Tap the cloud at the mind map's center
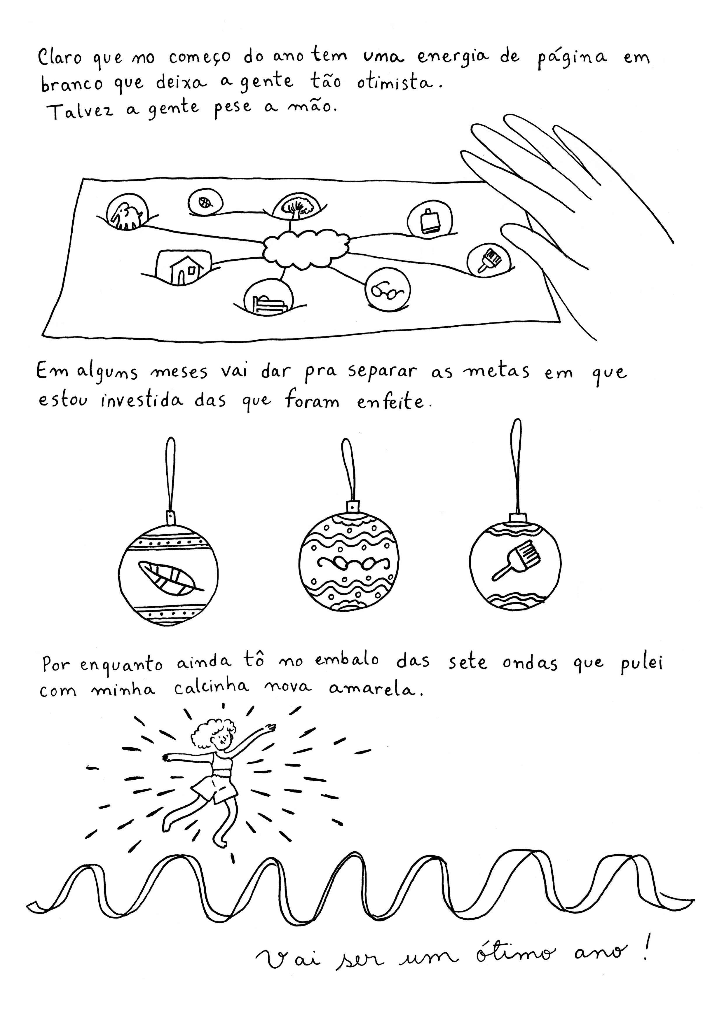(x=306, y=249)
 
